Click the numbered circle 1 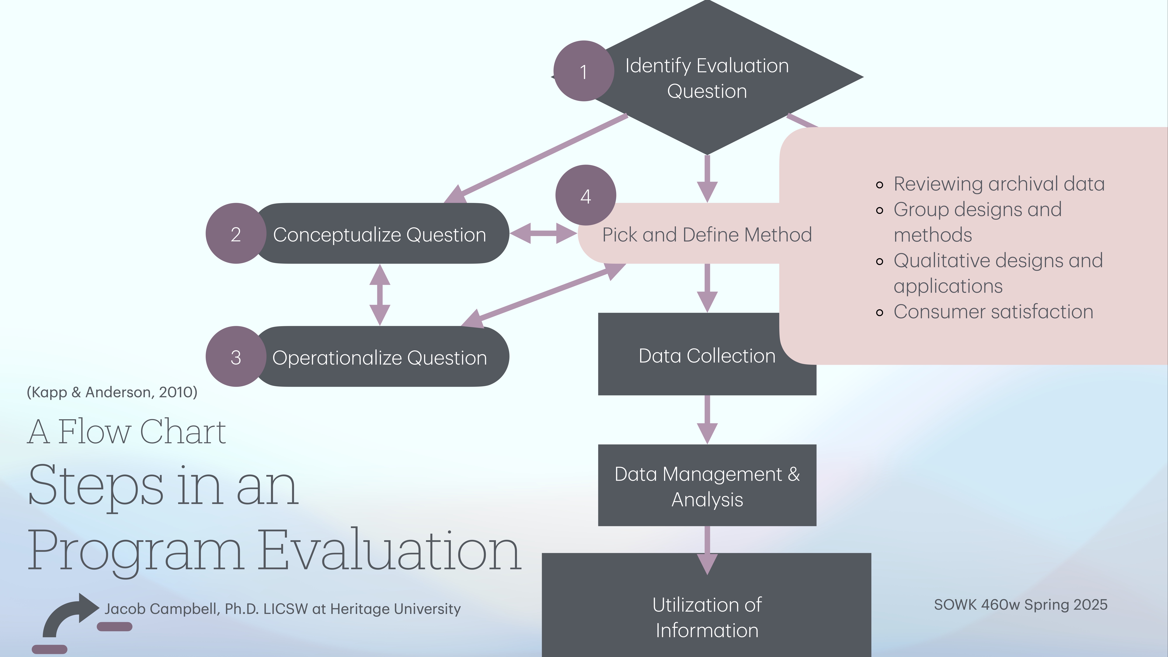pyautogui.click(x=583, y=71)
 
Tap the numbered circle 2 pyautogui.click(x=235, y=233)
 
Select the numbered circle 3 pyautogui.click(x=235, y=357)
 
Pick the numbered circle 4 pyautogui.click(x=585, y=195)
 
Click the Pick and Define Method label pyautogui.click(x=706, y=234)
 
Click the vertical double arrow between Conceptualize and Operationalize pyautogui.click(x=380, y=295)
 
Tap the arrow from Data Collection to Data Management pyautogui.click(x=707, y=419)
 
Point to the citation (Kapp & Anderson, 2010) pyautogui.click(x=112, y=392)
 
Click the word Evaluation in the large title pyautogui.click(x=390, y=551)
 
